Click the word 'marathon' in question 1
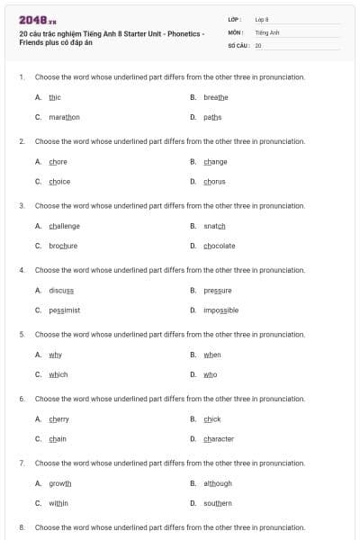[64, 117]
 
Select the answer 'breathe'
[216, 96]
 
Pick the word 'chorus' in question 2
[214, 181]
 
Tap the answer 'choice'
[59, 181]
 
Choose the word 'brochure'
[63, 246]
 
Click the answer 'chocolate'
[220, 246]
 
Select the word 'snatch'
[214, 226]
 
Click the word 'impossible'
[221, 310]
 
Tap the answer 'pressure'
[218, 290]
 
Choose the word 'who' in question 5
[210, 374]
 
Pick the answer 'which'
[58, 374]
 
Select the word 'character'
[219, 439]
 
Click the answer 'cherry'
[59, 419]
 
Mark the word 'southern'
[218, 503]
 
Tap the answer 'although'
[218, 483]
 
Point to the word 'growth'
[60, 483]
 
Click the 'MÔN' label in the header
[236, 31]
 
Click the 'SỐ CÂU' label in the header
[238, 44]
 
